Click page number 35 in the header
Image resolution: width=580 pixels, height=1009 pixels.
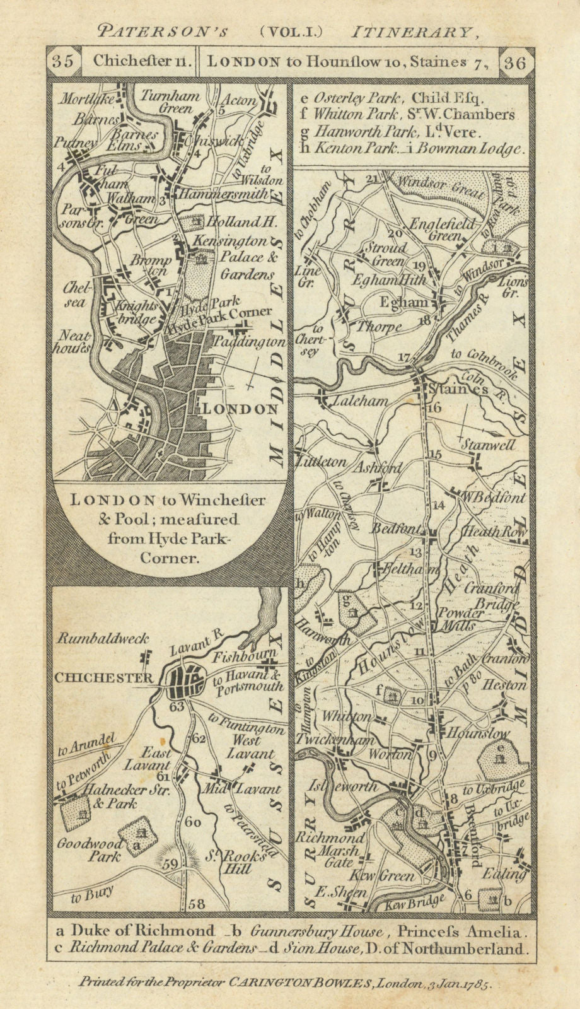[x=63, y=62]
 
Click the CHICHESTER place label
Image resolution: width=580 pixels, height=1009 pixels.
[x=103, y=678]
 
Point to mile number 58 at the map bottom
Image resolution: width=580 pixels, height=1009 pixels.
[x=197, y=904]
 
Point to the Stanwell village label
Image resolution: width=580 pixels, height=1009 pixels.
[x=488, y=445]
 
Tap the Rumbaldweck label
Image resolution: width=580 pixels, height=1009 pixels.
[x=101, y=638]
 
